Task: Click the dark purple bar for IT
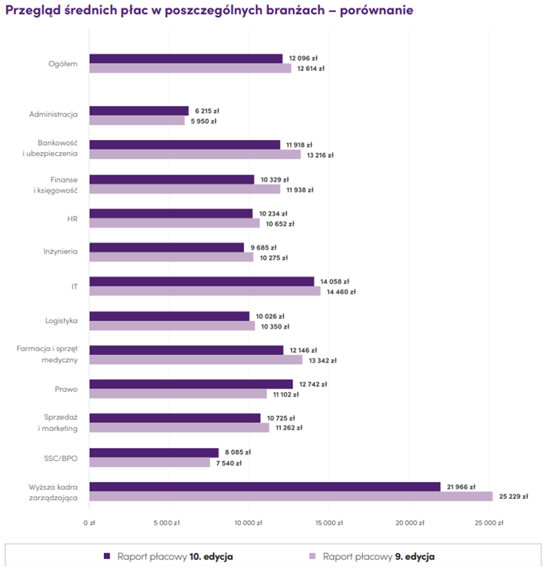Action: [202, 281]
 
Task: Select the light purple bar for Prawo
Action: [178, 394]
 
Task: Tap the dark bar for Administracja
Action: [139, 111]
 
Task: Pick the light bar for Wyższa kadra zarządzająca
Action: [291, 497]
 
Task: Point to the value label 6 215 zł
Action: [206, 111]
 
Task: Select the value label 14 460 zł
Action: [341, 292]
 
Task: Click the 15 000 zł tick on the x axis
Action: [327, 523]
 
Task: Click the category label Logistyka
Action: [61, 321]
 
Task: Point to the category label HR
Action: [72, 218]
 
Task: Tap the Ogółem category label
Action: [63, 63]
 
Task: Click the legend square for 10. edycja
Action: [107, 556]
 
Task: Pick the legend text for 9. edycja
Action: [378, 556]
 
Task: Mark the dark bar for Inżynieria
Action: [167, 247]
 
